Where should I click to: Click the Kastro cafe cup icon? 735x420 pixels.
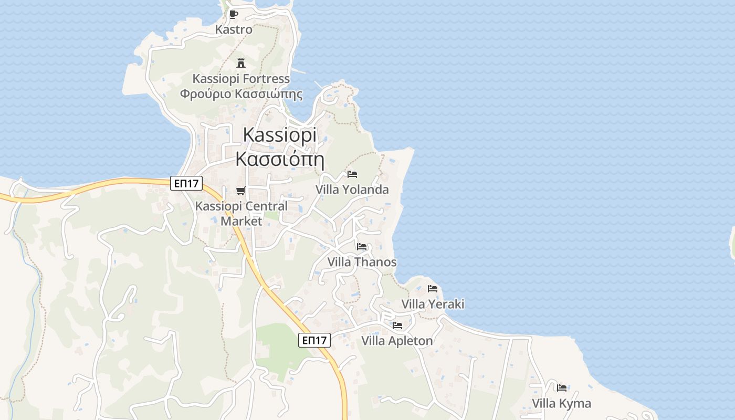tap(234, 14)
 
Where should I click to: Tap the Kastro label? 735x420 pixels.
tap(234, 29)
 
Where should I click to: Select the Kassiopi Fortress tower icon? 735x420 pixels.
tap(241, 63)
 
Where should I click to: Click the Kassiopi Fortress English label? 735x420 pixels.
tap(241, 79)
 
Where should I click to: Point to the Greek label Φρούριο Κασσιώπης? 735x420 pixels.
tap(241, 94)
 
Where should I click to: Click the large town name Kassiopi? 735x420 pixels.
tap(280, 135)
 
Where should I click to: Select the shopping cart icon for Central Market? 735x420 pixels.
tap(241, 191)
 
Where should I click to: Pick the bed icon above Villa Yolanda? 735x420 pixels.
tap(352, 174)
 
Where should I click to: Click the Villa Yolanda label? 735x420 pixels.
tap(352, 190)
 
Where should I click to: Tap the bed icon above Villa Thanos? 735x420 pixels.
tap(362, 246)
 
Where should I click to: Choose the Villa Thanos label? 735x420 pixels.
tap(362, 261)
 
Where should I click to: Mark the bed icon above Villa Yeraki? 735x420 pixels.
tap(433, 289)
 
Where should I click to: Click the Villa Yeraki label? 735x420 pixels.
tap(433, 304)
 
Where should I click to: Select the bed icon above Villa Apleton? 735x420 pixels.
tap(397, 325)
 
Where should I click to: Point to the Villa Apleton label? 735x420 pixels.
tap(397, 341)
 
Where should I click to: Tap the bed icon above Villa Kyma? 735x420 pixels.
tap(562, 388)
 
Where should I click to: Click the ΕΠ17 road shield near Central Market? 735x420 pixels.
tap(186, 183)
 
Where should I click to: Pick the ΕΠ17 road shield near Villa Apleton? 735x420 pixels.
tap(314, 340)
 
